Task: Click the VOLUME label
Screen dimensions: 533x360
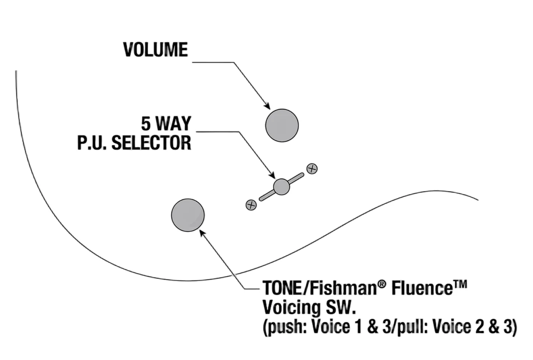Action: tap(155, 50)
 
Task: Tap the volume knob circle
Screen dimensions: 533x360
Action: tap(282, 125)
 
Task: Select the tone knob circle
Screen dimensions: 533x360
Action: tap(188, 215)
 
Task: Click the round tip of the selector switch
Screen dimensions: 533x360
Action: tap(281, 187)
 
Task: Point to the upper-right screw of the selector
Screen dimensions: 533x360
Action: tap(312, 169)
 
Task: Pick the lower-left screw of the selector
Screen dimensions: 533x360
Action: tap(251, 205)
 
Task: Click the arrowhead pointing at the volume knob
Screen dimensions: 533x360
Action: tap(267, 106)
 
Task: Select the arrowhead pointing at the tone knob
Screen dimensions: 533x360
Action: tap(203, 233)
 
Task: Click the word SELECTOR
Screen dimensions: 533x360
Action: tap(152, 143)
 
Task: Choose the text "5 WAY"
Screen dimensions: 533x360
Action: tap(166, 123)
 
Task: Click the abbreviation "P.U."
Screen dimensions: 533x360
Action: tap(92, 143)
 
